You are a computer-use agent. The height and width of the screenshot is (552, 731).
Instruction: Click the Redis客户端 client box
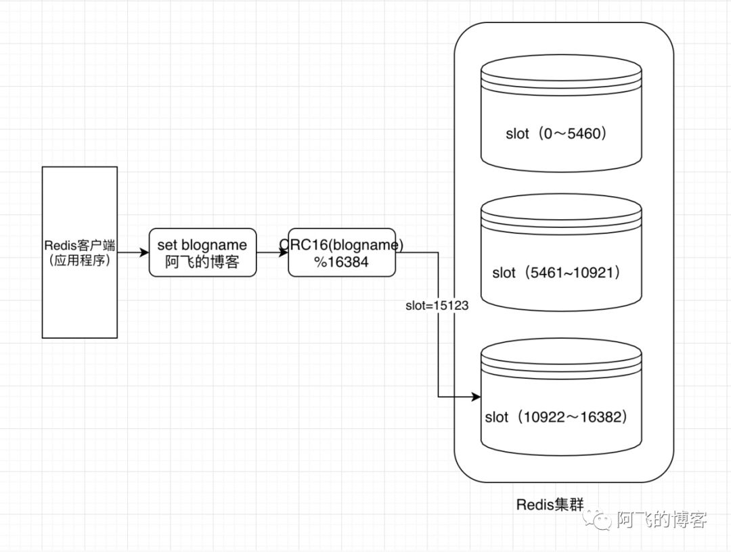pos(79,252)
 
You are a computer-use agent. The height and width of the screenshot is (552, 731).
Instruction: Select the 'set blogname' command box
pos(202,252)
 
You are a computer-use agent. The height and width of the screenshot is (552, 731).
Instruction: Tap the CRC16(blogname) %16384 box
pos(342,252)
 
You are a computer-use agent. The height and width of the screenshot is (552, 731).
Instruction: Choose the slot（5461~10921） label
pos(557,273)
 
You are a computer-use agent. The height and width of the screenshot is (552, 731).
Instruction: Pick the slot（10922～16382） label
pos(557,417)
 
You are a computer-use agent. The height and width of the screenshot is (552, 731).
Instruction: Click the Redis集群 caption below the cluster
pos(549,504)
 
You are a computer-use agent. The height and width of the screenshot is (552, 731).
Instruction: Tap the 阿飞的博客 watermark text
pos(661,520)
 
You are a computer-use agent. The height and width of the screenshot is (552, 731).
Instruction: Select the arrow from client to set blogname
pos(133,252)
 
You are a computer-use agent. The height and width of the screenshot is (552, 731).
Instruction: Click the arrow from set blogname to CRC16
pos(273,252)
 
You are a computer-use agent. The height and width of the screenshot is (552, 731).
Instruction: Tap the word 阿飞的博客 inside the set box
pos(202,262)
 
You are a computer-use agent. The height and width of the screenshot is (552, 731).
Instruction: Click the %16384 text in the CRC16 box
pos(341,262)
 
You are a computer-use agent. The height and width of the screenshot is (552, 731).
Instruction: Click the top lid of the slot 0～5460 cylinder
pos(560,70)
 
